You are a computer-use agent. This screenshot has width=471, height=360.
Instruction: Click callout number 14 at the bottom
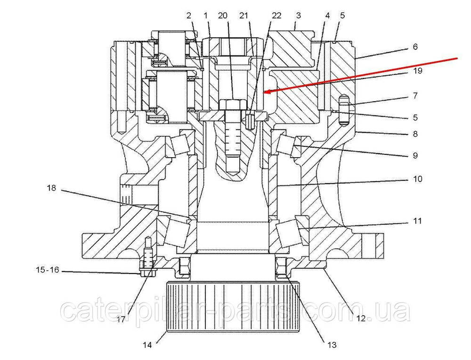pyautogui.click(x=147, y=345)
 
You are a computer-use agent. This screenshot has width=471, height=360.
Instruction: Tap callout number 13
pyautogui.click(x=332, y=345)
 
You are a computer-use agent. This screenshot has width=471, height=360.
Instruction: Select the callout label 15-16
pyautogui.click(x=48, y=270)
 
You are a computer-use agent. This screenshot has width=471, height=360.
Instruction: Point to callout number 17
pyautogui.click(x=121, y=320)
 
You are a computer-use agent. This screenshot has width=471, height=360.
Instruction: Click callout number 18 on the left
pyautogui.click(x=51, y=188)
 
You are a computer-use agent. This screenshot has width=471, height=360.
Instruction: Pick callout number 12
pyautogui.click(x=361, y=318)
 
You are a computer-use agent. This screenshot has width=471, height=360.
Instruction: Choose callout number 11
pyautogui.click(x=417, y=221)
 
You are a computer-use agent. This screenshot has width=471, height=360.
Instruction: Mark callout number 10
pyautogui.click(x=417, y=179)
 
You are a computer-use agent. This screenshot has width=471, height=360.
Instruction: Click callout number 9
pyautogui.click(x=415, y=155)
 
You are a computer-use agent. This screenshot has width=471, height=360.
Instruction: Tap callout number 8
pyautogui.click(x=415, y=134)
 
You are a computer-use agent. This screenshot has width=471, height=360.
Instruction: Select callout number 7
pyautogui.click(x=415, y=96)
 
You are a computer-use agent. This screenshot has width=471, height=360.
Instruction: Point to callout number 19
pyautogui.click(x=417, y=71)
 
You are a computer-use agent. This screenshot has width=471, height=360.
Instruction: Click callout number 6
pyautogui.click(x=415, y=47)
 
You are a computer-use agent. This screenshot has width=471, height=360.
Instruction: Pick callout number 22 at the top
pyautogui.click(x=276, y=16)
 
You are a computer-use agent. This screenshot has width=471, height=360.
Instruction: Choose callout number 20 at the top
pyautogui.click(x=223, y=16)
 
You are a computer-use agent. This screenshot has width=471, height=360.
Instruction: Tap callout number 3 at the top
pyautogui.click(x=298, y=16)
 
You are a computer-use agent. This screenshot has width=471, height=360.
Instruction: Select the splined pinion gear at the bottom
pyautogui.click(x=233, y=307)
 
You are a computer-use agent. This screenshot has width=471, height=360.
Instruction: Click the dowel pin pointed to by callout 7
pyautogui.click(x=344, y=110)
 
